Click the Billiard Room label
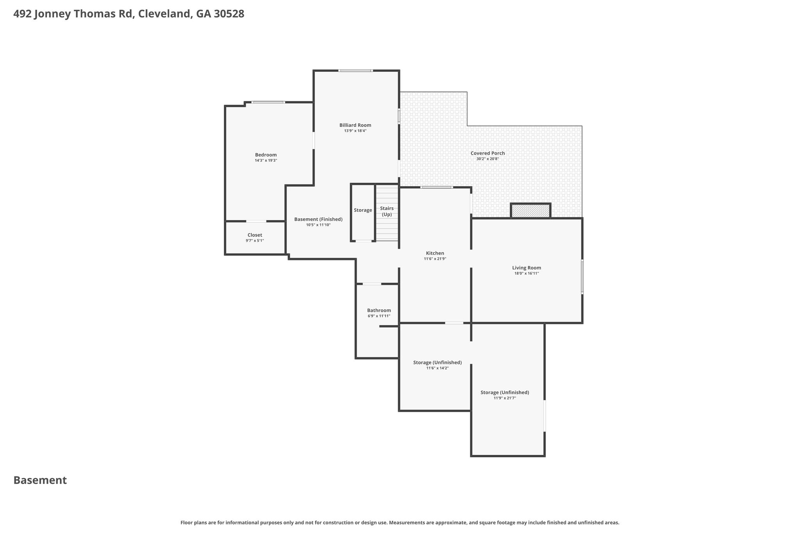(x=355, y=125)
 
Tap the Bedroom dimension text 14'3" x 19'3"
(x=266, y=160)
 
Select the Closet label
(x=255, y=235)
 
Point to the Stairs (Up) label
(x=387, y=212)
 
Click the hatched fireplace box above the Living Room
(x=530, y=211)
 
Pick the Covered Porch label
(x=487, y=153)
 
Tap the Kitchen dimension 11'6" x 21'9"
(x=435, y=259)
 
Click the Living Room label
(x=527, y=268)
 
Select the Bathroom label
(x=379, y=310)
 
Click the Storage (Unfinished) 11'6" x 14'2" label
(x=437, y=362)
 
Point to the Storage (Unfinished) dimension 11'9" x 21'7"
(x=505, y=398)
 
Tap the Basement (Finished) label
(x=318, y=219)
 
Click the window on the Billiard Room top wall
(x=355, y=71)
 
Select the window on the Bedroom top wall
(x=268, y=102)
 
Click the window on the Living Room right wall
(x=582, y=277)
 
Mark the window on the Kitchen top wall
(x=437, y=187)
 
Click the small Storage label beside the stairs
(x=363, y=210)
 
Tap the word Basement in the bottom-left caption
(x=40, y=480)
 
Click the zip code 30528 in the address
(x=229, y=14)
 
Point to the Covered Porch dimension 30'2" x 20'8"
(x=487, y=159)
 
